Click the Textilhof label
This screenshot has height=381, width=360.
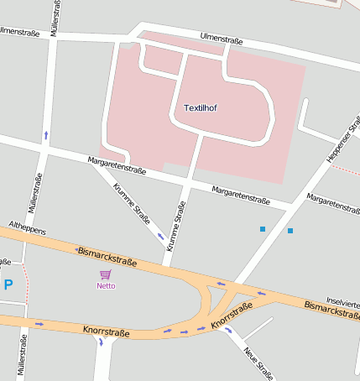pos(200,107)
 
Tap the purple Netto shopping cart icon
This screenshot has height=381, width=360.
pos(106,274)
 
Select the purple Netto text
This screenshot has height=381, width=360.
pos(106,285)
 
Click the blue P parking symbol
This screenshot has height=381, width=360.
pos(8,284)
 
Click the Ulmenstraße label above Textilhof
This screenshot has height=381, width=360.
pos(222,39)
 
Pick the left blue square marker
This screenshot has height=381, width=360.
pos(263,228)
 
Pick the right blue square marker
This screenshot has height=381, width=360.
pos(290,230)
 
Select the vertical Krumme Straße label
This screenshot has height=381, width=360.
pos(175,227)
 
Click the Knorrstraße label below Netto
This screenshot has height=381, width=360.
pos(107,333)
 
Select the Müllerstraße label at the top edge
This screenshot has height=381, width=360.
pos(55,16)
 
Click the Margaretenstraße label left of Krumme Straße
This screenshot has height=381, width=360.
pos(117,165)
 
